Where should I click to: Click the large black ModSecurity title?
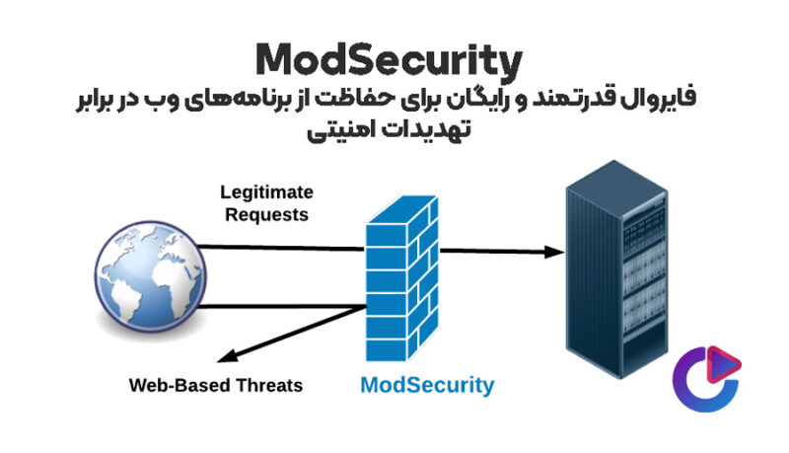coord(387,61)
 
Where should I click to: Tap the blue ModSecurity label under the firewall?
coord(426,384)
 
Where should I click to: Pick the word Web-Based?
coord(174,385)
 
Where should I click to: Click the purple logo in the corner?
coord(706,376)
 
